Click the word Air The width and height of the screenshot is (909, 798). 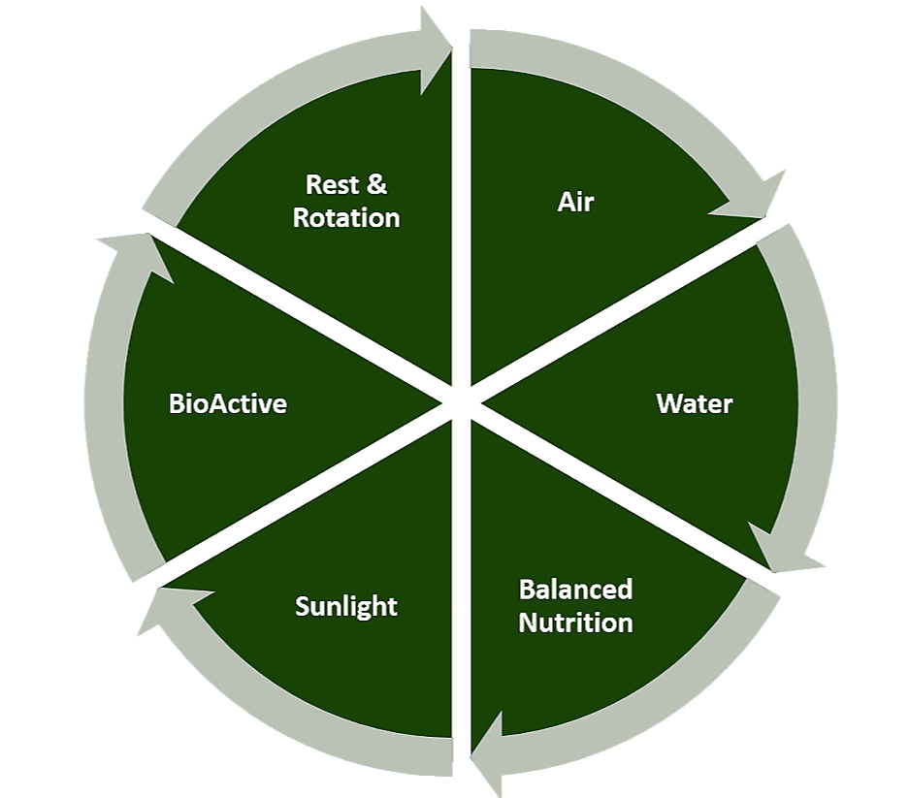575,202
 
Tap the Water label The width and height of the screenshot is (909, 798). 694,403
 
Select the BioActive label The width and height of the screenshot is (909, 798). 228,403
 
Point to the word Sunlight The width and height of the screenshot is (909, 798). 346,607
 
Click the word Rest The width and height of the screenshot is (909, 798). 333,184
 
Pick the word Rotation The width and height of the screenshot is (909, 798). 346,217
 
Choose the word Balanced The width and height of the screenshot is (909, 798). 575,589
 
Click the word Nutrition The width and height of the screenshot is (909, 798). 575,622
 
